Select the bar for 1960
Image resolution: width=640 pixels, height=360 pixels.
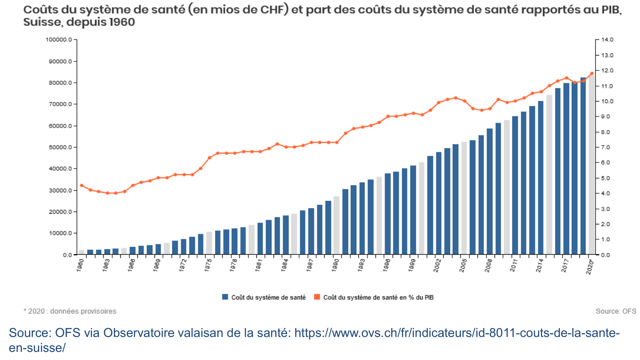(81, 252)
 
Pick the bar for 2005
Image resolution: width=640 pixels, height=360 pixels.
(464, 198)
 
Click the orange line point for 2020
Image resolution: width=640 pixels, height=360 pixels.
(592, 73)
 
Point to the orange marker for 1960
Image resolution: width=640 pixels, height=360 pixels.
(81, 185)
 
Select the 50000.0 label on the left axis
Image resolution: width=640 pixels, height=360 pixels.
(60, 147)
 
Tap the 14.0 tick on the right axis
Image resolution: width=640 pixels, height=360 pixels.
(607, 40)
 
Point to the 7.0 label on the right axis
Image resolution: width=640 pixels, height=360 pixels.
(605, 147)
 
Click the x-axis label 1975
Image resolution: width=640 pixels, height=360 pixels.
(208, 265)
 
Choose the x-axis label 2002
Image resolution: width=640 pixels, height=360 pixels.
(437, 265)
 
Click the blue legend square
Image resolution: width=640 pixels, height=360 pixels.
(225, 297)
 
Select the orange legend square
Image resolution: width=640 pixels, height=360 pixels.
(317, 297)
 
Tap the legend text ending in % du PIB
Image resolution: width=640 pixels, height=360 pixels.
(378, 297)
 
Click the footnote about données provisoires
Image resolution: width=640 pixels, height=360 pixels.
(70, 311)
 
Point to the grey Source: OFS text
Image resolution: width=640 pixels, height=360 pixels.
(616, 311)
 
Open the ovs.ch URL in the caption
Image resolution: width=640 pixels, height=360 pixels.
(457, 333)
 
